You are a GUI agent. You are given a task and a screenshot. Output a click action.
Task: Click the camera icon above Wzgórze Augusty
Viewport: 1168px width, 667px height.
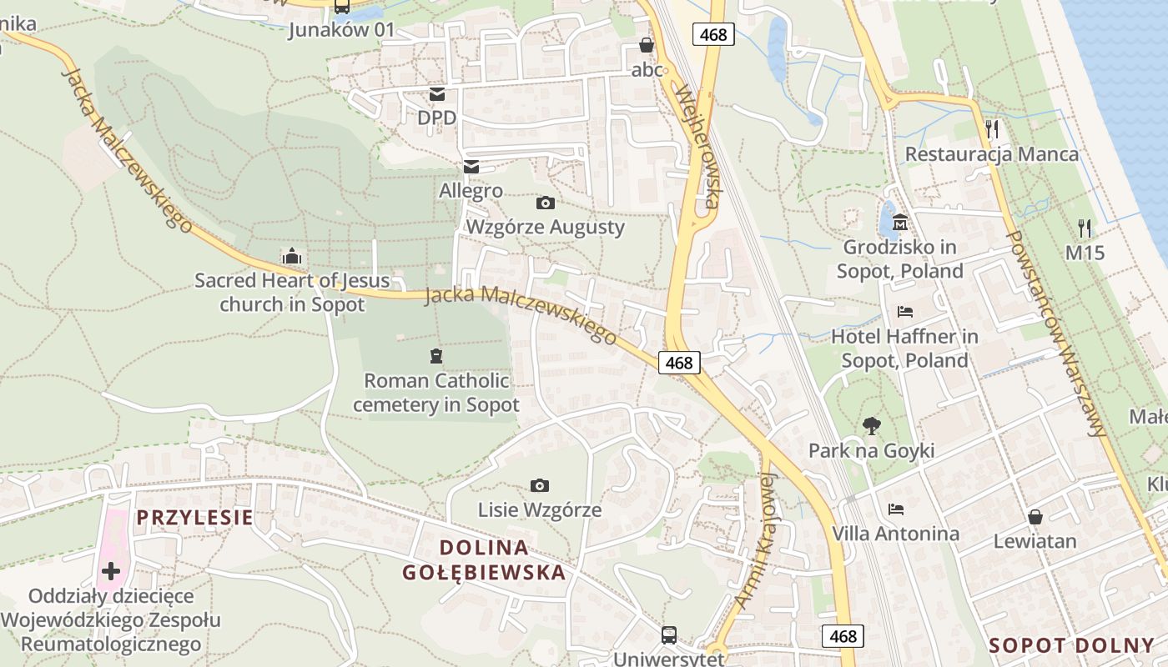coord(545,203)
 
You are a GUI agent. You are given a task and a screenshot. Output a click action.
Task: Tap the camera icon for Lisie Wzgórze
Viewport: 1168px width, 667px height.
coord(540,485)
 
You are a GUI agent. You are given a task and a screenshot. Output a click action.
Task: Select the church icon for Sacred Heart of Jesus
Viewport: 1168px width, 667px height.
coord(292,256)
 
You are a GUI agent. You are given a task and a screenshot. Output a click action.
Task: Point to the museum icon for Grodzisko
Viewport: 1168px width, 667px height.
coord(900,223)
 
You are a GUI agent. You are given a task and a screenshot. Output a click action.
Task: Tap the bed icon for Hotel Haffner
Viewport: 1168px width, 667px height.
coord(905,313)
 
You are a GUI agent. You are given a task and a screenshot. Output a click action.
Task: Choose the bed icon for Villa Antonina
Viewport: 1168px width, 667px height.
coord(896,509)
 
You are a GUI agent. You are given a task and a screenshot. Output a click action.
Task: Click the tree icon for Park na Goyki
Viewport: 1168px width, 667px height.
coord(871,426)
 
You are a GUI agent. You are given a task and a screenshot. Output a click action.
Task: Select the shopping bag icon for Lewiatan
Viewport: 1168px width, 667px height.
coord(1035,517)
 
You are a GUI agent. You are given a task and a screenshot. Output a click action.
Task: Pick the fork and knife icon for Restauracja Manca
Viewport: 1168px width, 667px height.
coord(991,128)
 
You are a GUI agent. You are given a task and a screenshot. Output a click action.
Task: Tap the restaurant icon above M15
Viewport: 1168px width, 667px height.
coord(1085,227)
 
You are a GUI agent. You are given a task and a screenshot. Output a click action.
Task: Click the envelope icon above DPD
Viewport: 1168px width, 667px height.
coord(437,94)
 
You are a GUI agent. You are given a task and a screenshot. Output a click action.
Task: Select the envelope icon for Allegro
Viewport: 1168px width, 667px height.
coord(471,167)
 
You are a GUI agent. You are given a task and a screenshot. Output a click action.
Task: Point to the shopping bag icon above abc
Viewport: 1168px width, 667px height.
coord(647,45)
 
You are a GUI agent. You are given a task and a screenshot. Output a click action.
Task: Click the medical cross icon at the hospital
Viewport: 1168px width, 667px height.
coord(111,571)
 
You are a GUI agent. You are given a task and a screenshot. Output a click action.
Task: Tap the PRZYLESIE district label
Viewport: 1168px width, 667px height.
coord(194,518)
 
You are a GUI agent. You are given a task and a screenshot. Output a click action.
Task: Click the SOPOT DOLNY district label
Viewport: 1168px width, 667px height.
coord(1071,645)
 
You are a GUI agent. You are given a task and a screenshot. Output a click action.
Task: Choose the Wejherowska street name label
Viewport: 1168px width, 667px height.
coord(699,146)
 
